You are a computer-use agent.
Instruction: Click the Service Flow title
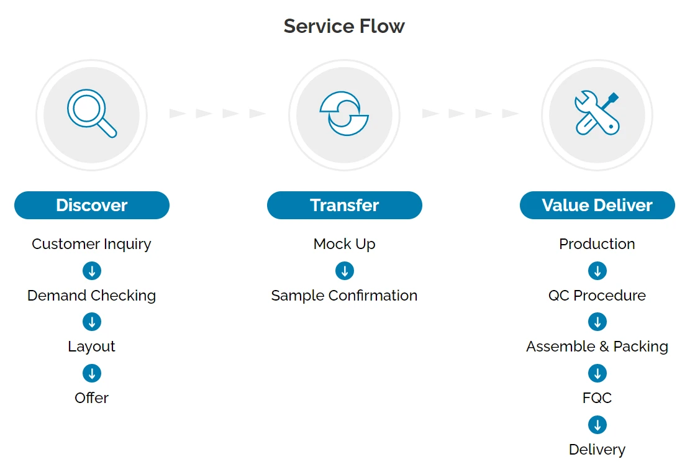coord(344,26)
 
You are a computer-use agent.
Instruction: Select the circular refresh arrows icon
coord(344,114)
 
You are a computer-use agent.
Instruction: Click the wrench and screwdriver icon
coord(597,114)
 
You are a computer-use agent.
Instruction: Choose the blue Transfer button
coord(345,205)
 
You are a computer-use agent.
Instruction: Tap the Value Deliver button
coord(597,205)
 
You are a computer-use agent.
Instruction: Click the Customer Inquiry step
coord(91,244)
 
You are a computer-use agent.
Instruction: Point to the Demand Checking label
coord(91,296)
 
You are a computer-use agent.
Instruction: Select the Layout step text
coord(91,347)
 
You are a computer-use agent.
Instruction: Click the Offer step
coord(91,398)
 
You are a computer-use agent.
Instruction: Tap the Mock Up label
coord(345,244)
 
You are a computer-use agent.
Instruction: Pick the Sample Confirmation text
coord(345,296)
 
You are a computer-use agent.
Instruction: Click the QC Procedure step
coord(597,296)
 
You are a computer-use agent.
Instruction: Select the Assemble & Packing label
coord(597,347)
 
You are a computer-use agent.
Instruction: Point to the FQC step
coord(597,398)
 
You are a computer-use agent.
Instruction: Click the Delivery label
coord(597,449)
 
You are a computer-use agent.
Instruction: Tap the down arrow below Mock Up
coord(345,271)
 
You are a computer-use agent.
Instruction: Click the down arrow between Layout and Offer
coord(92,373)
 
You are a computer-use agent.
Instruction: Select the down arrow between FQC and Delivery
coord(597,425)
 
